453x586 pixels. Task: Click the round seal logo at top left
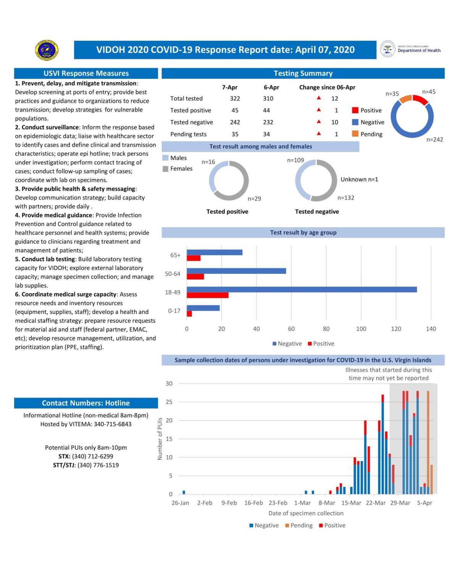[47, 50]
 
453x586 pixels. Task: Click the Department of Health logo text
[419, 50]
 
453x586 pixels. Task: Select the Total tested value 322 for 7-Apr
[235, 98]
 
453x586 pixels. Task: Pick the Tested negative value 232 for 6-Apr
[268, 122]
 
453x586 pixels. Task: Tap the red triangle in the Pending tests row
[319, 134]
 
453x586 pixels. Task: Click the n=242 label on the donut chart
[434, 140]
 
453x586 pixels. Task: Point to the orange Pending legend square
[355, 134]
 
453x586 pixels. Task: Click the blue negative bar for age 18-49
[301, 290]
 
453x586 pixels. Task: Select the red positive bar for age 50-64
[195, 277]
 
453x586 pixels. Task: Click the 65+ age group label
[175, 255]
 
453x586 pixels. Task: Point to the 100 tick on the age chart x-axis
[361, 329]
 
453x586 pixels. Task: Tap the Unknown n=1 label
[359, 179]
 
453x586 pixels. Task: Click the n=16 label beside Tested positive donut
[208, 162]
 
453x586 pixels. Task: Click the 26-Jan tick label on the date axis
[180, 503]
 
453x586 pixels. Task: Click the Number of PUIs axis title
[160, 439]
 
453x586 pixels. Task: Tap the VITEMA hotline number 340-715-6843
[113, 424]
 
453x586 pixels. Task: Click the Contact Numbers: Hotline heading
[86, 403]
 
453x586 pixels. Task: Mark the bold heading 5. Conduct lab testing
[45, 259]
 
